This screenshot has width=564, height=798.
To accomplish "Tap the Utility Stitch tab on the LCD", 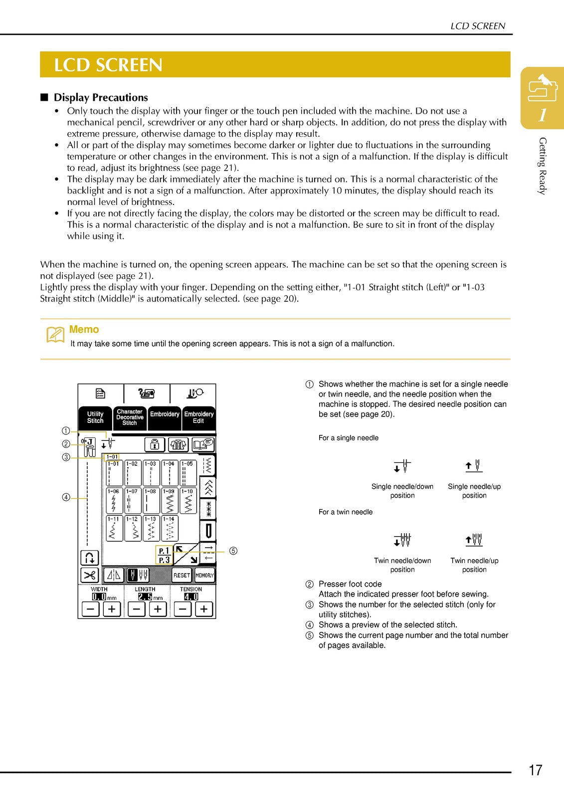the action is coord(95,417).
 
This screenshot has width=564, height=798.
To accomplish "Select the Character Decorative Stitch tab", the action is coord(130,417).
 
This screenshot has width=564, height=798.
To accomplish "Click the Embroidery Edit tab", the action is coord(198,417).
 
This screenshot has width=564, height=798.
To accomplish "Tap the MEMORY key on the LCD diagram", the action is coord(204,575).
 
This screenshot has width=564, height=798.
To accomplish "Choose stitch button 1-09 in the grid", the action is coord(170,501).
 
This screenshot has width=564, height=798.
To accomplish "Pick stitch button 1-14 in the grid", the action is coord(170,528).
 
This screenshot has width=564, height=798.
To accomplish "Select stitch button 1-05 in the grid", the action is coord(188,473).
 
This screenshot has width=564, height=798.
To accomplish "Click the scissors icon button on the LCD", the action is coord(89,575).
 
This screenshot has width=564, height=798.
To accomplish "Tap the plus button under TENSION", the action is coord(204,609).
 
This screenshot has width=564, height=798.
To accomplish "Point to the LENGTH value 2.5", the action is coord(145,597).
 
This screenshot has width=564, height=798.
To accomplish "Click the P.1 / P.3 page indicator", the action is coord(164,555).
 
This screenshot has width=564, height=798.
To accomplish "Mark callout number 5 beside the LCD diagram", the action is coord(233,551).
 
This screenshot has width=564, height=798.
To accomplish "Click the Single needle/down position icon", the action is coord(402,466).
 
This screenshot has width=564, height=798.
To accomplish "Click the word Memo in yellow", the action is coord(84,329).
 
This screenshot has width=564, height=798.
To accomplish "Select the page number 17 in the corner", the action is coord(536,770).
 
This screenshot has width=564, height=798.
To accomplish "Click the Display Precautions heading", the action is coord(101,97).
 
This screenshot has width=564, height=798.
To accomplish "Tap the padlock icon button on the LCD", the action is coord(155,444).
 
